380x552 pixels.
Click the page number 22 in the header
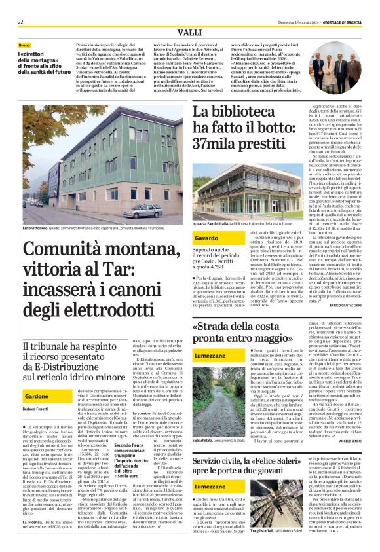[x=21, y=22]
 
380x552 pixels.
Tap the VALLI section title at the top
[x=190, y=32]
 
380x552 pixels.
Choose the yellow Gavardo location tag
[x=206, y=238]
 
